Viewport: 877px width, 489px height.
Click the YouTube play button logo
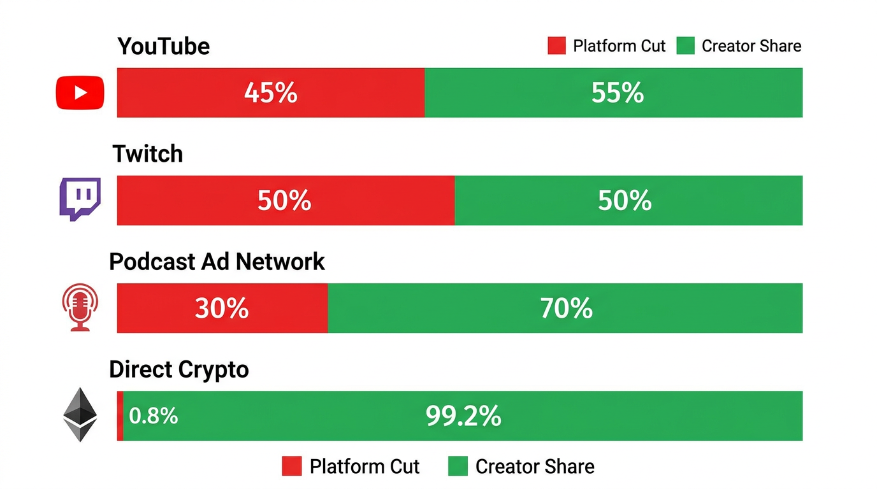(x=80, y=93)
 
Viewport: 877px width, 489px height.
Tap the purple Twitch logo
(x=80, y=199)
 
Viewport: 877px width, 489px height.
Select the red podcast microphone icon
(x=80, y=307)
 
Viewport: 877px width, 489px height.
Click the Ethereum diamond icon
(x=80, y=415)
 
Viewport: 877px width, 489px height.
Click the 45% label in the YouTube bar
(x=271, y=93)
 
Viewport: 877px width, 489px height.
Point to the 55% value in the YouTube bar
(x=617, y=93)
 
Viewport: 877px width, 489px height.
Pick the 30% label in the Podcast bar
(x=221, y=309)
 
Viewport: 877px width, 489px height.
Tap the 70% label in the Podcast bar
(x=566, y=309)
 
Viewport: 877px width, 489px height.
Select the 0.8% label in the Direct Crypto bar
(x=153, y=416)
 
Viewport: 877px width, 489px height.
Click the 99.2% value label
(x=463, y=416)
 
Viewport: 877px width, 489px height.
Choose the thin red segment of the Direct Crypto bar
(x=120, y=416)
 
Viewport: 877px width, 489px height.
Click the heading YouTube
(x=164, y=46)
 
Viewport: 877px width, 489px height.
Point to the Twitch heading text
(x=148, y=154)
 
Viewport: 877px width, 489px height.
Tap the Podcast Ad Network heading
(x=217, y=262)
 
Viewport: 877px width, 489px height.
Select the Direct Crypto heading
(x=178, y=369)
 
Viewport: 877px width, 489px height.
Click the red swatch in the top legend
(x=556, y=46)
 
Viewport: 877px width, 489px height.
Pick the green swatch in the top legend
(x=685, y=46)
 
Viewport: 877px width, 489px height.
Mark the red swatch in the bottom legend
(x=291, y=466)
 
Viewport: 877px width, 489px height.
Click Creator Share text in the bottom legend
(x=534, y=466)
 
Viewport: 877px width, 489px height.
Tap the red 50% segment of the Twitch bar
(x=285, y=201)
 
